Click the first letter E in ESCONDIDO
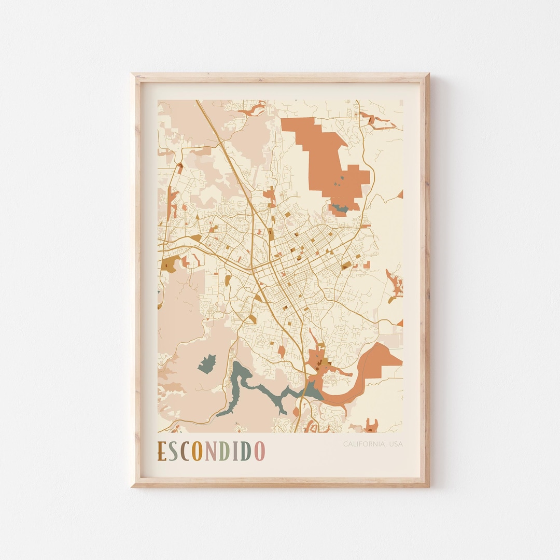(162, 451)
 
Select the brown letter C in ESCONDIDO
(186, 451)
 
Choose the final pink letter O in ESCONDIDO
(259, 451)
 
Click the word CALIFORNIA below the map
(362, 444)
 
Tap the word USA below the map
(394, 444)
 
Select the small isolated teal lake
(207, 363)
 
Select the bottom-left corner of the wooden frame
(133, 485)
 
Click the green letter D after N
(223, 451)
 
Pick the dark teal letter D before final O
(246, 451)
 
